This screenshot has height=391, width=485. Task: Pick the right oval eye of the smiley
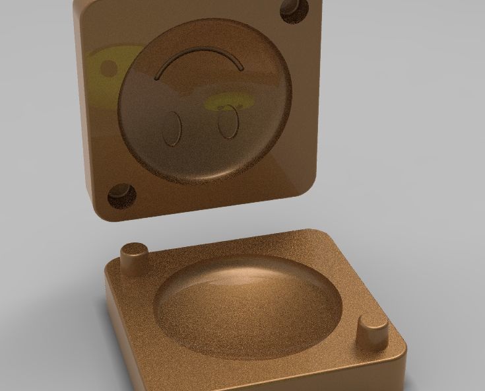(x=228, y=122)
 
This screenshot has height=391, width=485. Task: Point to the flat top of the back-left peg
(x=135, y=248)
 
